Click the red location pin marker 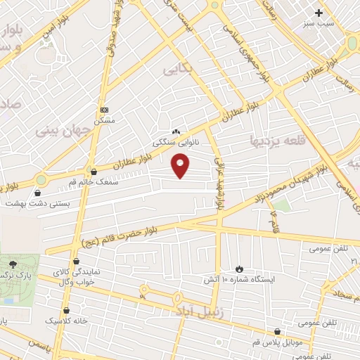[x=181, y=165]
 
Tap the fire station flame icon [x=240, y=269]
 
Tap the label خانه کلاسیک [x=67, y=321]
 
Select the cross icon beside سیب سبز [x=319, y=13]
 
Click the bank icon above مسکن [x=105, y=110]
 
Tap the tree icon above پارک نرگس [x=12, y=262]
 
